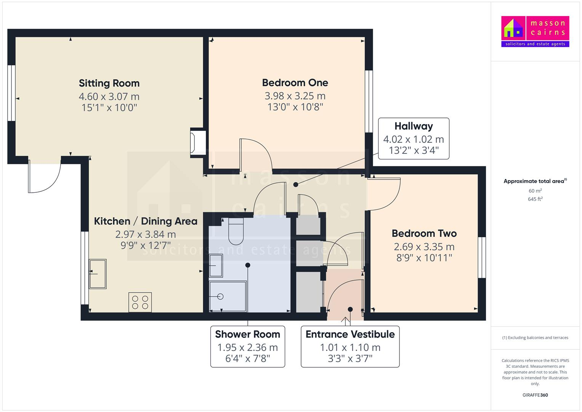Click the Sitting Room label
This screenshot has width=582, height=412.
click(109, 83)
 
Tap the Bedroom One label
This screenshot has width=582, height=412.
click(295, 82)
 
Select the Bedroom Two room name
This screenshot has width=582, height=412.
click(424, 233)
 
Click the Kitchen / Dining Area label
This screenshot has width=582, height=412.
click(146, 221)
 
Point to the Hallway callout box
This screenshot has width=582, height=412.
click(414, 138)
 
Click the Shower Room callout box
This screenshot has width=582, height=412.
click(247, 346)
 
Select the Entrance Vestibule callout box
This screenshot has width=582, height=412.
click(350, 346)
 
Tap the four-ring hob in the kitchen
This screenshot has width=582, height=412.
click(140, 302)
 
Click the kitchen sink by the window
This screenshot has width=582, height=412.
click(98, 274)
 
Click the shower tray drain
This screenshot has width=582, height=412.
click(220, 296)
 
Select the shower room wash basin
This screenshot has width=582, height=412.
click(216, 265)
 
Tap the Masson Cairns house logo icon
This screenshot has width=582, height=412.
click(513, 28)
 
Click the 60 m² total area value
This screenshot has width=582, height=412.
click(535, 191)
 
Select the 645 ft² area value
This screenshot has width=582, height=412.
click(535, 199)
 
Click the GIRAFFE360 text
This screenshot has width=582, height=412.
click(535, 395)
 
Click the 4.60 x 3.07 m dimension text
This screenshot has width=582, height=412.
click(109, 97)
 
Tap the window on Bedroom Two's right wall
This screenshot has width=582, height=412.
click(482, 257)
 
